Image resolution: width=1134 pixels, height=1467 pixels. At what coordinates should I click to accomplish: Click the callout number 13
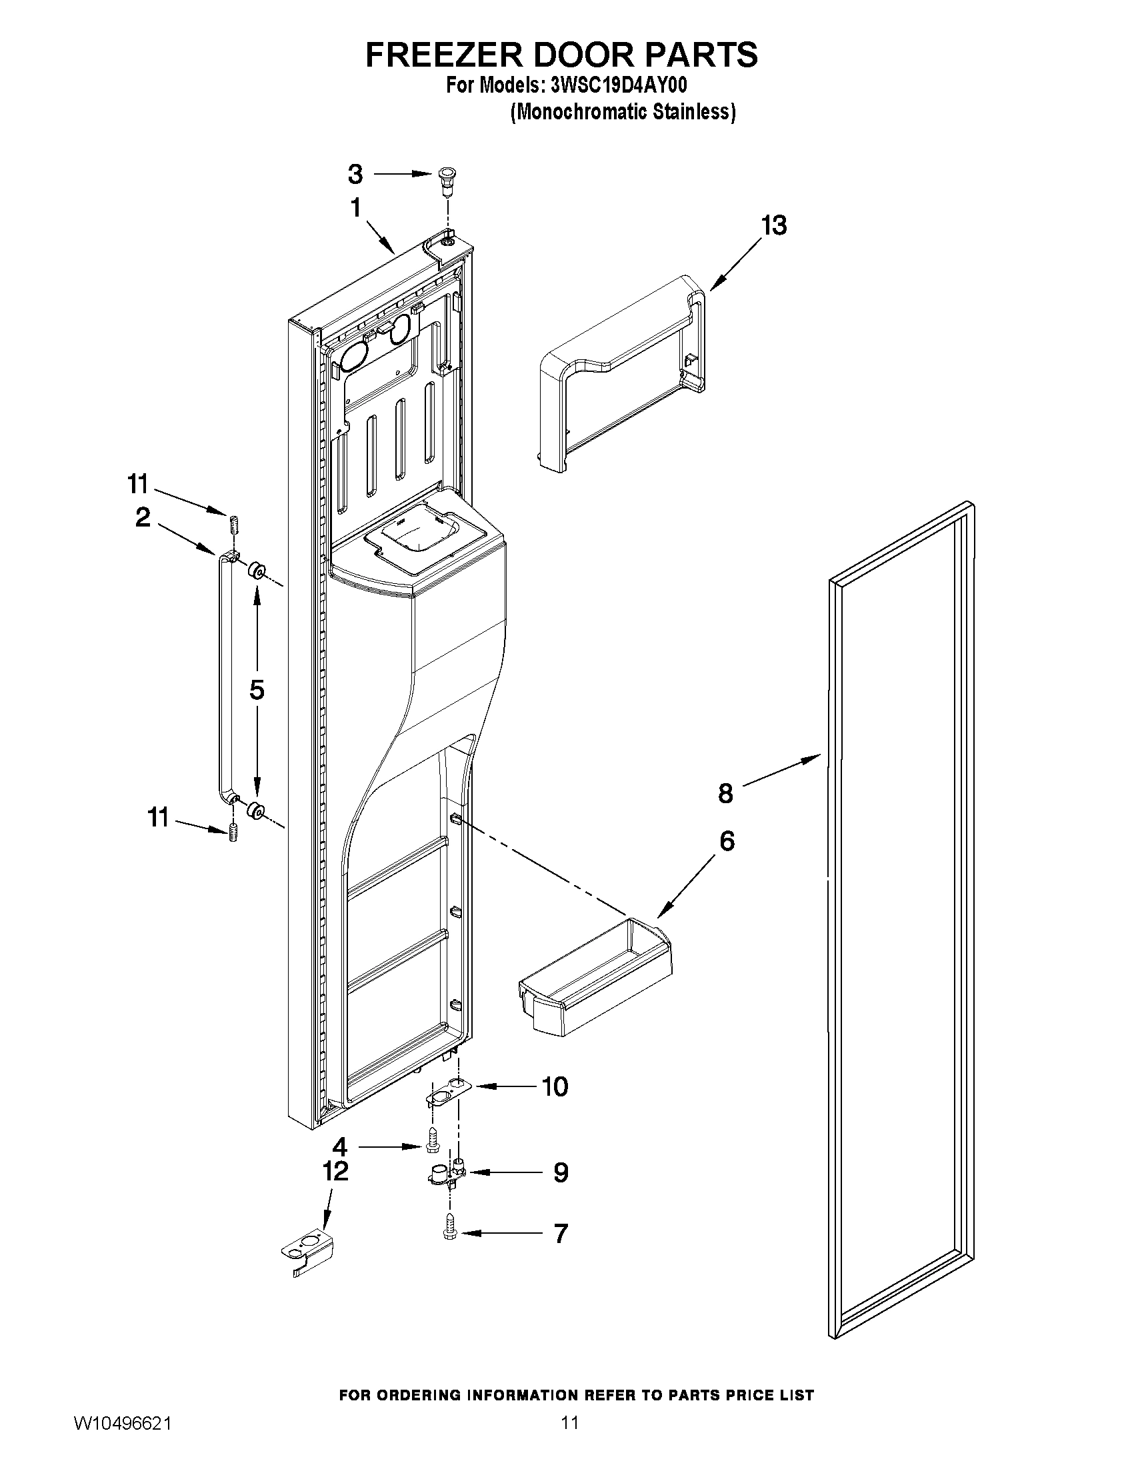click(773, 227)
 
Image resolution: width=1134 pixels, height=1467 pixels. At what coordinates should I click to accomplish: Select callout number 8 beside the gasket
click(725, 793)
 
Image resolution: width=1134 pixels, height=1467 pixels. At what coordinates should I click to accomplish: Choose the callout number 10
click(555, 1086)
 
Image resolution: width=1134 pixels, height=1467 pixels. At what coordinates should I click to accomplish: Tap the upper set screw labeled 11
click(235, 524)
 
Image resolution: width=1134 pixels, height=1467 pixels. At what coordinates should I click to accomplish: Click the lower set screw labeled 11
click(234, 832)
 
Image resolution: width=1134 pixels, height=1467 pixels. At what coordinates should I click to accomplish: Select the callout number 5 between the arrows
click(257, 690)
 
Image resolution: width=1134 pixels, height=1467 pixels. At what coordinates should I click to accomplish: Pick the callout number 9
click(560, 1173)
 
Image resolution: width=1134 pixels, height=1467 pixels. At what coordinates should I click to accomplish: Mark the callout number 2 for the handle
click(143, 517)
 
